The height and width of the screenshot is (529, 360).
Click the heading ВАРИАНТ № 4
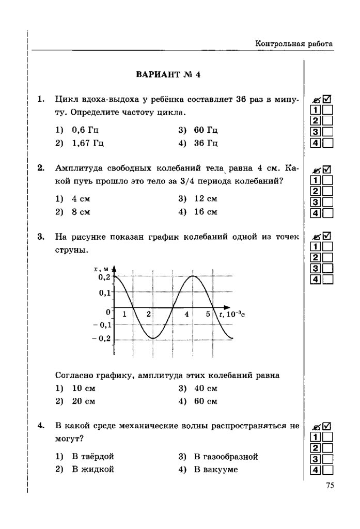(x=167, y=74)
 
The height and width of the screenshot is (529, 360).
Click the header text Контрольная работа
(x=293, y=44)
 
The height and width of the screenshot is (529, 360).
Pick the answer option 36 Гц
(x=205, y=143)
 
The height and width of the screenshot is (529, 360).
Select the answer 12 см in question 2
(x=205, y=198)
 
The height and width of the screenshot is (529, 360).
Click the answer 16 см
(x=205, y=212)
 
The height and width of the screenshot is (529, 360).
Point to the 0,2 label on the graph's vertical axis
(x=104, y=277)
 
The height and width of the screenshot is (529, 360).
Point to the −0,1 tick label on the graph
(x=102, y=325)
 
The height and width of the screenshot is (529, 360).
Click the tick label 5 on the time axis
(x=208, y=314)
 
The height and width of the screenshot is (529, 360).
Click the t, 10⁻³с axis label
(x=232, y=314)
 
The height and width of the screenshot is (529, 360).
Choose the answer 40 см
(x=205, y=388)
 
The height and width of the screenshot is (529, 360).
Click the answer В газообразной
(x=226, y=457)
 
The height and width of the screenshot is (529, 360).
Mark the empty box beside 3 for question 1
(x=327, y=132)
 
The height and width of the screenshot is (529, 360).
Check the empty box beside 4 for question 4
(x=327, y=470)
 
